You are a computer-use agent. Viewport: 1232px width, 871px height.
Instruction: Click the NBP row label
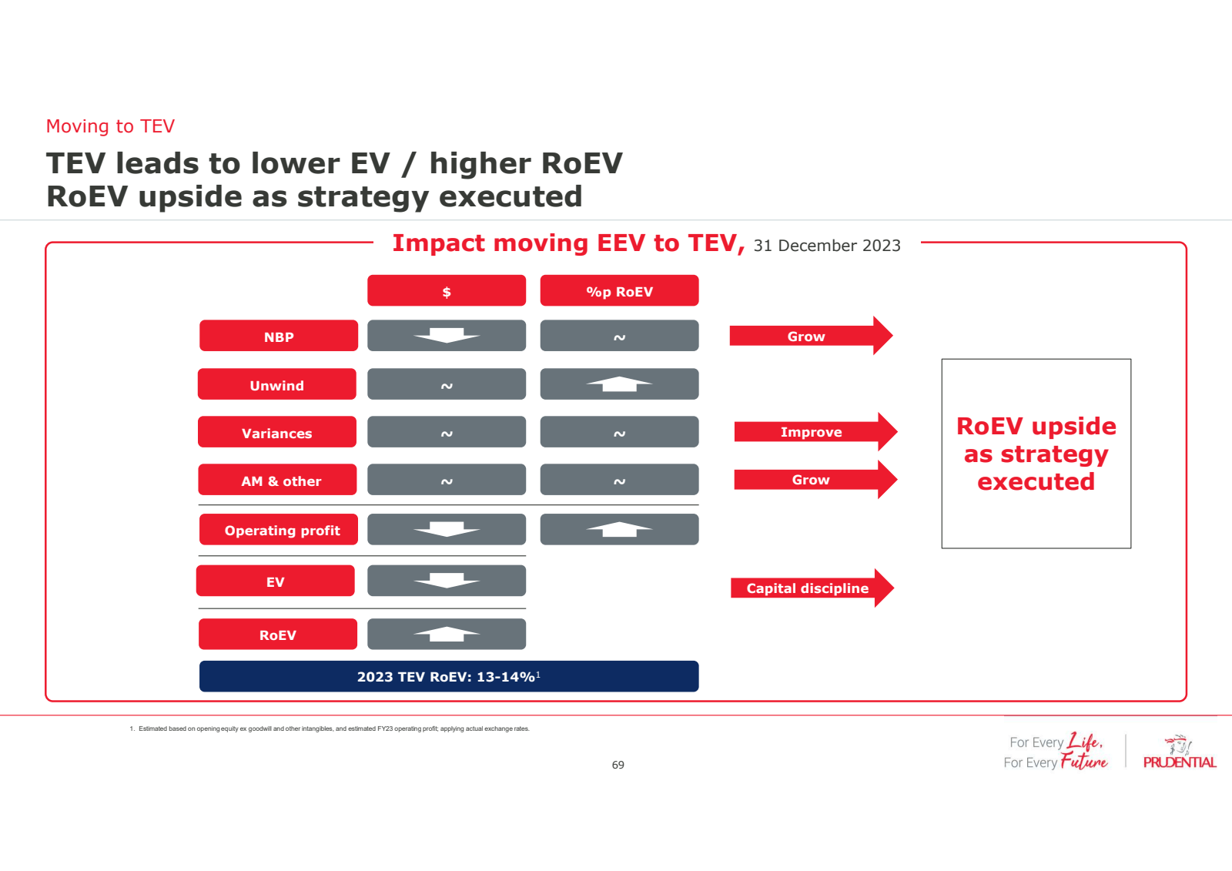coord(279,337)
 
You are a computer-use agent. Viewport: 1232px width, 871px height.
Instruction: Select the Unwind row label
coord(277,384)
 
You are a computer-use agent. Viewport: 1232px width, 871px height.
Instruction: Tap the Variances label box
coord(277,433)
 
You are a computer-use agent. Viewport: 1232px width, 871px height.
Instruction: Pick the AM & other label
coord(278,480)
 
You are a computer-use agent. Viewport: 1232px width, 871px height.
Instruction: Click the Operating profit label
coord(279,530)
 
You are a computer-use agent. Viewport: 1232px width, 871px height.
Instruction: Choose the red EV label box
coord(276,581)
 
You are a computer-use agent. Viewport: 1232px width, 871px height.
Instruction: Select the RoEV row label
coord(278,635)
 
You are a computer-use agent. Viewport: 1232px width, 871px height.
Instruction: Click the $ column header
coord(447,291)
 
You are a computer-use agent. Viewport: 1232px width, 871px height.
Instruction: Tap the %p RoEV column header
coord(619,291)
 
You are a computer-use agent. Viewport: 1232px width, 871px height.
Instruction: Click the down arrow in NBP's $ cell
coord(447,336)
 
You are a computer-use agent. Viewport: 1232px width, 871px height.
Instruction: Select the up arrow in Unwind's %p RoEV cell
coord(619,384)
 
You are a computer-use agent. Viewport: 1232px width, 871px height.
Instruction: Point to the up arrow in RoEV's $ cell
coord(447,634)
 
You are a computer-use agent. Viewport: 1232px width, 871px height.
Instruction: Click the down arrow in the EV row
coord(447,581)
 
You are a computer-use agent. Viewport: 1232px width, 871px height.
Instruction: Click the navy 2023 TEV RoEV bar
coord(449,676)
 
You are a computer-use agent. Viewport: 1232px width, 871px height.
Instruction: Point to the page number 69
coord(618,765)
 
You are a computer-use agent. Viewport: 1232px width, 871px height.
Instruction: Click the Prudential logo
coord(1179,752)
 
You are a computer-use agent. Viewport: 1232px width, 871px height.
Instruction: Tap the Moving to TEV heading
coord(110,126)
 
